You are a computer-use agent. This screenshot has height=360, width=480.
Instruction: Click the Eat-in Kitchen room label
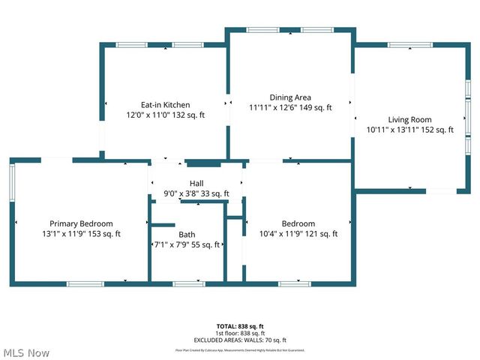(x=165, y=105)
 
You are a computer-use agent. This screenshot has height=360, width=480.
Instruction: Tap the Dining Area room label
(x=290, y=97)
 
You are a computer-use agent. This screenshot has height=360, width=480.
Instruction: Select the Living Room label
(x=409, y=119)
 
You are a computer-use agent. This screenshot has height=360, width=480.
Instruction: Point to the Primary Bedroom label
(x=81, y=223)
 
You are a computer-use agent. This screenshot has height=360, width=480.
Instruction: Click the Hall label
(x=196, y=184)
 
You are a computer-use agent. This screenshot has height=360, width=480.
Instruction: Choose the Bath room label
(x=187, y=234)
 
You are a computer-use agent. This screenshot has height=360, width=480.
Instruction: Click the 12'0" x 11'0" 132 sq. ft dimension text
(x=165, y=115)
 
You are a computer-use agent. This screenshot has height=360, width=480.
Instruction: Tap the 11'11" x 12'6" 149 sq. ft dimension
(x=290, y=108)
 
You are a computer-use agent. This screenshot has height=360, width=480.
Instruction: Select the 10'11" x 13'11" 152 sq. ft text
(x=409, y=130)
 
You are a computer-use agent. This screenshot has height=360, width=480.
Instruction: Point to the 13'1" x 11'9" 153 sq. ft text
(x=81, y=234)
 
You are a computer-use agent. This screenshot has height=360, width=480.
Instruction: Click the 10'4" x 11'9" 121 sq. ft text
(x=298, y=234)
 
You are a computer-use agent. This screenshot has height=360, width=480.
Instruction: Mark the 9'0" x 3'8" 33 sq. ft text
(x=196, y=194)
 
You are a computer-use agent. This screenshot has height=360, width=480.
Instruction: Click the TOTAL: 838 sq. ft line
(x=240, y=326)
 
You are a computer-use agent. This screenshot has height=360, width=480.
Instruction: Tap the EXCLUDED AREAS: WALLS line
(x=240, y=340)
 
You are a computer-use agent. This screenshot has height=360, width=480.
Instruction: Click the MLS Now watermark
(x=26, y=352)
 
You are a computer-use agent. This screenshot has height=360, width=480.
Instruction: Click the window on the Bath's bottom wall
(x=188, y=283)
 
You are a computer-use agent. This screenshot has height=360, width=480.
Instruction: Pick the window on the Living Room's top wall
(x=410, y=45)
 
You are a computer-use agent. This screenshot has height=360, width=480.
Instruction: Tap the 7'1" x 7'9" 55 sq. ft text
(x=187, y=244)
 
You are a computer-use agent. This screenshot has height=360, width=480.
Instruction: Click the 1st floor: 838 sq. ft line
(x=240, y=333)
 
